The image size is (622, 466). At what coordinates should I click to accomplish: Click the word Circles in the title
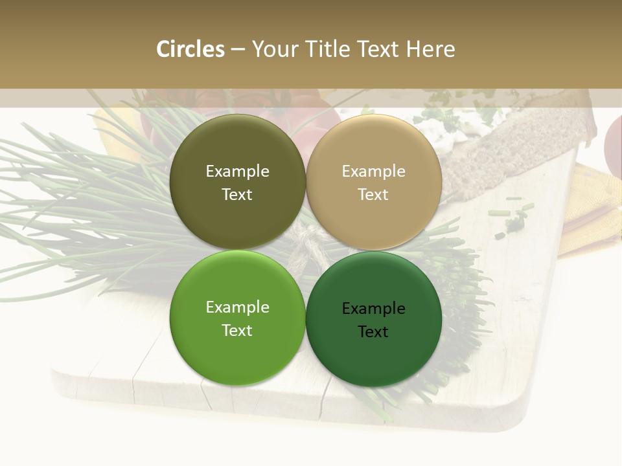(190, 49)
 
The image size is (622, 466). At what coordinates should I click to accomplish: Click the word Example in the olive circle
(237, 172)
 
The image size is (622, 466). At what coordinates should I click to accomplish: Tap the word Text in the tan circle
(373, 195)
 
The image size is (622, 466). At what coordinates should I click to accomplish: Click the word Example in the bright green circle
(237, 307)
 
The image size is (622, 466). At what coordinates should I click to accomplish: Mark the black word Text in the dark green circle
(373, 332)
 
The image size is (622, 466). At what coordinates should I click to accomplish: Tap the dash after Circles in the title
(237, 49)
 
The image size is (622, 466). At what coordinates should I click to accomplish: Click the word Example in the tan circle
(373, 172)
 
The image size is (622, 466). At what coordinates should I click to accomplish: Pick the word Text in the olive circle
(237, 195)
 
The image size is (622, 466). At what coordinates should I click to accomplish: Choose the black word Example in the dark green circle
(373, 309)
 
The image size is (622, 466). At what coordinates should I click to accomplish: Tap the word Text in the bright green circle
(237, 331)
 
